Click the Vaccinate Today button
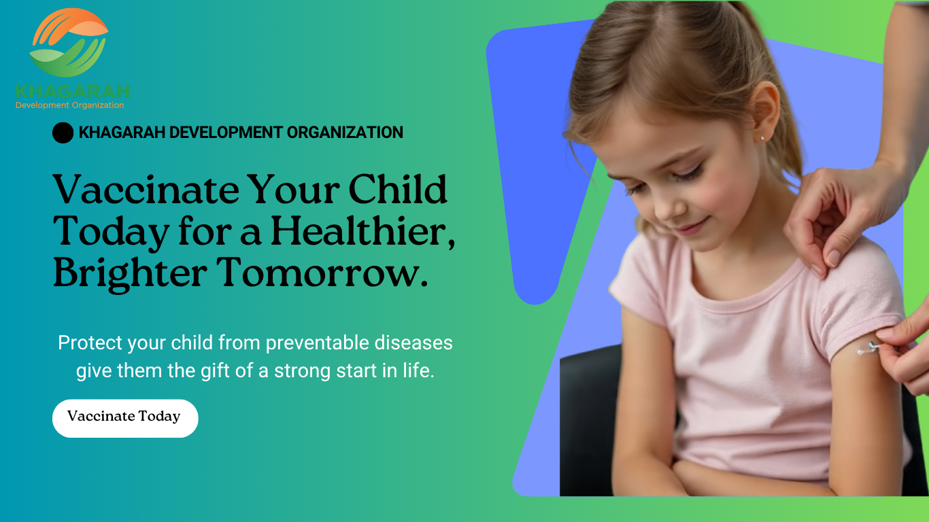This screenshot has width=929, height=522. click(125, 418)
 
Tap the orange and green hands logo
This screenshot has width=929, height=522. click(69, 42)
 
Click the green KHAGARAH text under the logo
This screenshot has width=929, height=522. click(73, 92)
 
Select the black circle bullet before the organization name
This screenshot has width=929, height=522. click(63, 133)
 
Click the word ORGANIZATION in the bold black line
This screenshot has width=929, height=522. click(345, 133)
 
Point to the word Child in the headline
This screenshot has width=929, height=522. click(398, 190)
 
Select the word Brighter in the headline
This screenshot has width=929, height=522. click(130, 275)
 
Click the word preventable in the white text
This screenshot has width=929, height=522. click(318, 343)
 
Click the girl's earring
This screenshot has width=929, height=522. click(762, 138)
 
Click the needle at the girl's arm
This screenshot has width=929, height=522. click(868, 348)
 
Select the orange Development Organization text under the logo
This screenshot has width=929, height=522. click(69, 105)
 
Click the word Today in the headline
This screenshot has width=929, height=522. click(111, 233)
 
